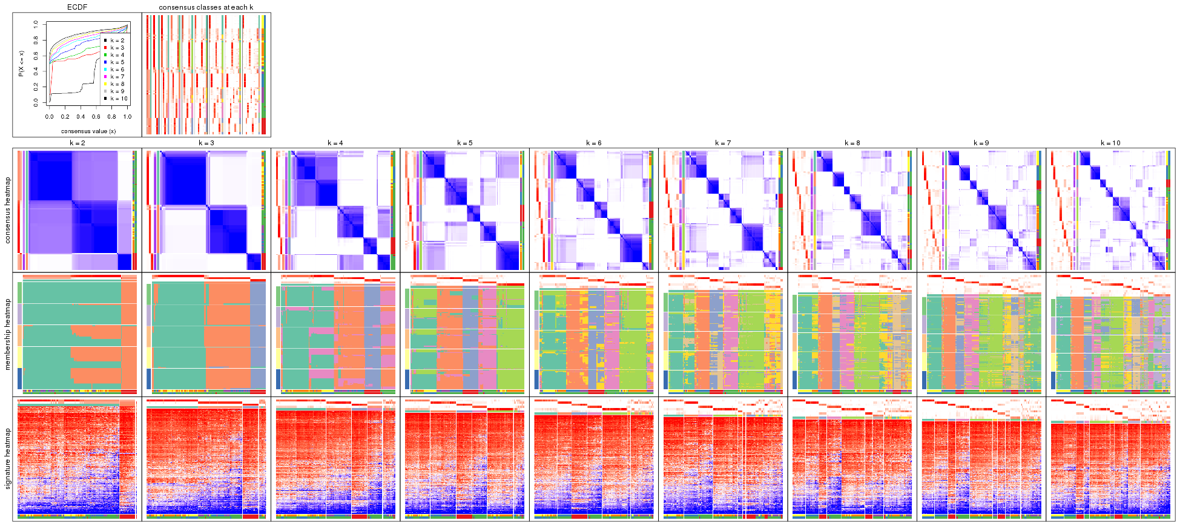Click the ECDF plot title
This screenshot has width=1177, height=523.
pos(77,7)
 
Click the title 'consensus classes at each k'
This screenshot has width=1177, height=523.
pos(206,7)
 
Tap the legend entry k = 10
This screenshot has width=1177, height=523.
pos(119,99)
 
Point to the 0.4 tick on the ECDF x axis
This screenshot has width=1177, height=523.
pos(81,117)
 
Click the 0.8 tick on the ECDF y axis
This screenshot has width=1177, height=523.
pos(36,40)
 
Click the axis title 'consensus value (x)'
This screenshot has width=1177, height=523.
pos(88,131)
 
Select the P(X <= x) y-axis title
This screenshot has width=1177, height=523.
pos(21,64)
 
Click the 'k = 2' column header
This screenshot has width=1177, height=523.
pos(77,143)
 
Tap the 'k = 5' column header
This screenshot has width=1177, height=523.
pos(464,143)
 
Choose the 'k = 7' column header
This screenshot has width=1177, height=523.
pos(723,143)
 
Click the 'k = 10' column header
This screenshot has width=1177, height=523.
pos(1110,143)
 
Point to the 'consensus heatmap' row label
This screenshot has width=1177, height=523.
pos(8,210)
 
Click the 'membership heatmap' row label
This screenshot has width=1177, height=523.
pos(8,334)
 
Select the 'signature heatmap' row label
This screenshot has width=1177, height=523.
pos(8,459)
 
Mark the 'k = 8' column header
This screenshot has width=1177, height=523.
pos(852,143)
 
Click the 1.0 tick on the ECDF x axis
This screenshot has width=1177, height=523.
pos(127,117)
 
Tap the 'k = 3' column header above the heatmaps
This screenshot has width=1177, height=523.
pos(206,143)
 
